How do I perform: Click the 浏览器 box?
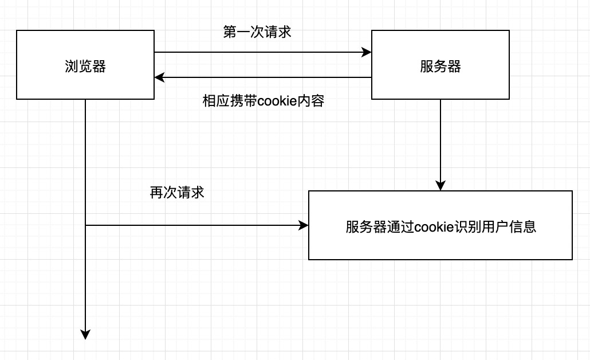coord(85,65)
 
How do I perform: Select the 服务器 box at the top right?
coord(440,65)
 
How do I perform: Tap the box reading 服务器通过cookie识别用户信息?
coord(440,225)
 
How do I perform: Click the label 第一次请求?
coord(257,32)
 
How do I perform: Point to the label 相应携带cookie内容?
coord(263,101)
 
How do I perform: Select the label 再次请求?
coord(177,193)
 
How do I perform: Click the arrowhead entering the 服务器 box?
coord(367,53)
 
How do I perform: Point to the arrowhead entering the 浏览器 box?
coord(159,77)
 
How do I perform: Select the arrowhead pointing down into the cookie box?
coord(440,186)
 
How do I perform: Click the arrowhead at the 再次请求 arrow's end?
coord(304,226)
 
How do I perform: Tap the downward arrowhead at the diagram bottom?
coord(85,335)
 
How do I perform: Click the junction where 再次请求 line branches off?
coord(85,226)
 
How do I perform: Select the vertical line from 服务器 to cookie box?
coord(440,143)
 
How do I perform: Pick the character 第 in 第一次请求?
coord(229,32)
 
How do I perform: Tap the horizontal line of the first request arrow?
coord(258,53)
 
